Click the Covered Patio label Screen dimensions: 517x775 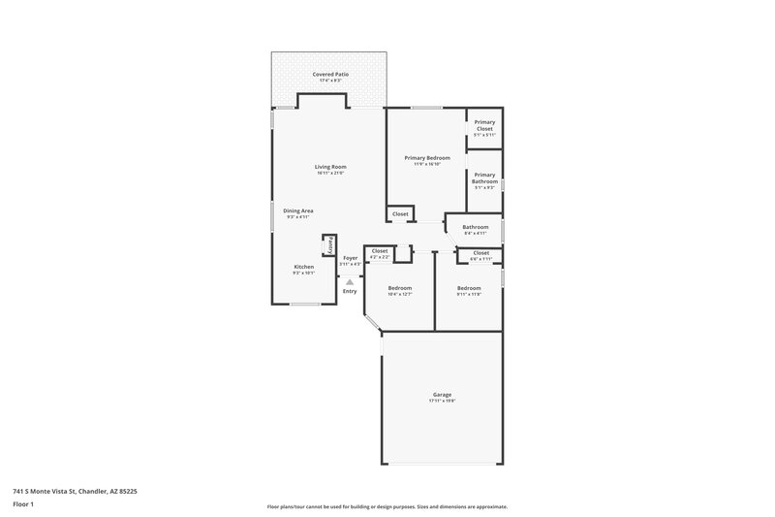330,74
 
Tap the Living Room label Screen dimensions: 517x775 330,167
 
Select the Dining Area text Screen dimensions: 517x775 297,210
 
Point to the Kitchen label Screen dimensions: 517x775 304,267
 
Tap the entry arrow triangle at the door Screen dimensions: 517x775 350,282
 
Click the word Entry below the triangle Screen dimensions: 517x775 350,291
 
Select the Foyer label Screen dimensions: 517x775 350,258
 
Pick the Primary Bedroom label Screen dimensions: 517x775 427,157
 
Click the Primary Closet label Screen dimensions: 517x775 484,125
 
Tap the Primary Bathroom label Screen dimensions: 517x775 484,178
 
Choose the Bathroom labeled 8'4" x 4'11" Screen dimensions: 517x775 476,228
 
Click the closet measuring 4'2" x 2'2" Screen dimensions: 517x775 380,251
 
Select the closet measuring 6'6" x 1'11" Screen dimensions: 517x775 480,253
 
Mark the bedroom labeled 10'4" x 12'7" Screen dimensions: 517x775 400,288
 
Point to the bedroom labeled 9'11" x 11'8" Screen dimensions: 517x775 469,288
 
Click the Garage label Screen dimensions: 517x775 442,395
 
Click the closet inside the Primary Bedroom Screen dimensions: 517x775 400,213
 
